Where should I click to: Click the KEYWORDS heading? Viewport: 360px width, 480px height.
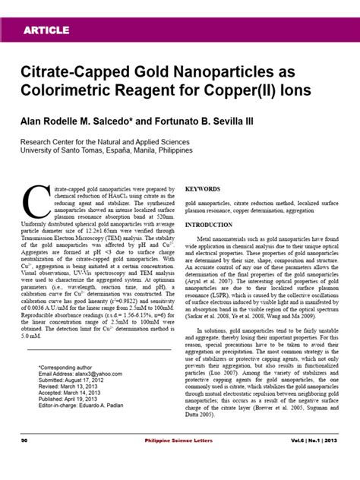203,188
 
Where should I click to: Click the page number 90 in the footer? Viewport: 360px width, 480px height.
25,460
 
